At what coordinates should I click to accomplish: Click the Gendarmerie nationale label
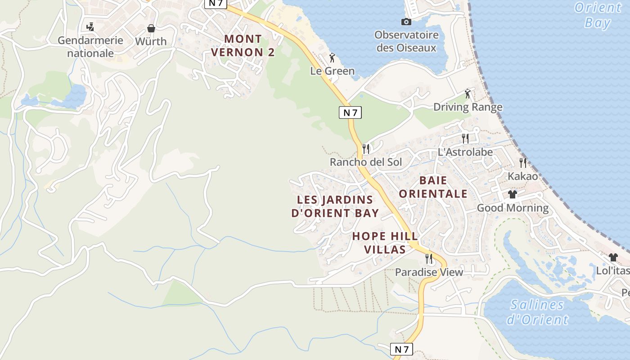[x=90, y=47]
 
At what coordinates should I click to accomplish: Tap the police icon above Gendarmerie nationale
[x=90, y=27]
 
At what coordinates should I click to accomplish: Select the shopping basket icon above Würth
[x=151, y=28]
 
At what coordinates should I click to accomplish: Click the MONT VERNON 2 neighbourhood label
[x=243, y=46]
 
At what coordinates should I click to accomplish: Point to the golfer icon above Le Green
[x=333, y=58]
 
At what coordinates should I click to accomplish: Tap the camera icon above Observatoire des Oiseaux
[x=406, y=22]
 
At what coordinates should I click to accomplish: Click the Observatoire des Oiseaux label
[x=406, y=41]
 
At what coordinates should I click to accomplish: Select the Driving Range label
[x=468, y=107]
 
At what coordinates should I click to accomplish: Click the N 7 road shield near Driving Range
[x=350, y=112]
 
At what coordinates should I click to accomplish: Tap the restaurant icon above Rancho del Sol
[x=366, y=148]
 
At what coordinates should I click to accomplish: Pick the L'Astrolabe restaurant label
[x=465, y=152]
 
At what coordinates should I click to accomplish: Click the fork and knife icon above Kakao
[x=523, y=162]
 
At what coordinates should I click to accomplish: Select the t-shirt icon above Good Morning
[x=513, y=194]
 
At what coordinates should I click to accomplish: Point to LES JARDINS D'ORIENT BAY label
[x=335, y=207]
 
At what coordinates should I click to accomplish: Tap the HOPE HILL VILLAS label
[x=385, y=243]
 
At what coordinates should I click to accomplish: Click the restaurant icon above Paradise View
[x=429, y=258]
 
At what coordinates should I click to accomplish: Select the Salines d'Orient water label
[x=537, y=312]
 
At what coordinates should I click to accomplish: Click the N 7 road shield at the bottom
[x=401, y=349]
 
